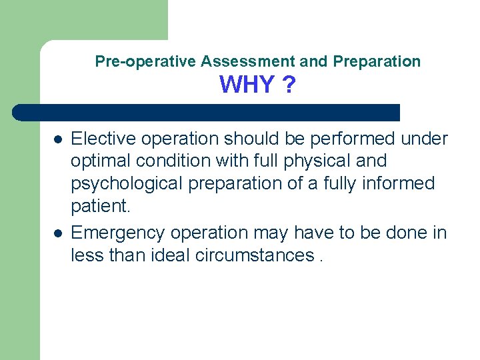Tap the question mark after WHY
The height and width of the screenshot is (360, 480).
tap(287, 85)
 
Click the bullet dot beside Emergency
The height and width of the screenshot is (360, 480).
tap(58, 233)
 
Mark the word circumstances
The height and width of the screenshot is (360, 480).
tap(255, 255)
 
